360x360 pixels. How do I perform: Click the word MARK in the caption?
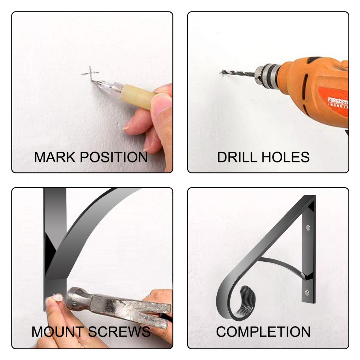click(55, 157)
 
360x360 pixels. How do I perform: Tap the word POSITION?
click(114, 157)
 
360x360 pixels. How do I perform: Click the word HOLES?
click(285, 157)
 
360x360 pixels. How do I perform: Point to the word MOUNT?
click(57, 332)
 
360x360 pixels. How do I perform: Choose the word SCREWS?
click(119, 332)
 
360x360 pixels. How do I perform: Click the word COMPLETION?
click(263, 332)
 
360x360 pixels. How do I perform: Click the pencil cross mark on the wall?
click(90, 73)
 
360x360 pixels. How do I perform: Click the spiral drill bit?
click(238, 73)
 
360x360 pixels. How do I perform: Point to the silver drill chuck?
click(267, 76)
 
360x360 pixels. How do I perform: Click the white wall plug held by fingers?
click(57, 298)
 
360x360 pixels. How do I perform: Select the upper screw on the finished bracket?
click(308, 228)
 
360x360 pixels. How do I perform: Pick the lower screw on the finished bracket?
click(306, 292)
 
